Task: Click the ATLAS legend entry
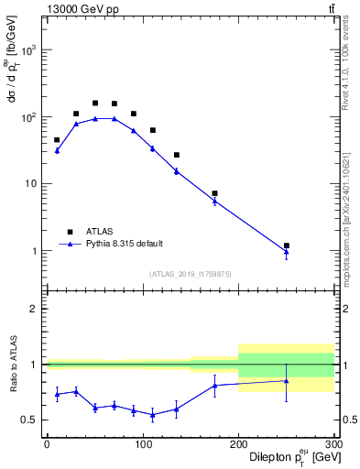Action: tap(91, 232)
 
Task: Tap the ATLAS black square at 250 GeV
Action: tap(287, 245)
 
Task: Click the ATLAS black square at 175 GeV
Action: tap(214, 193)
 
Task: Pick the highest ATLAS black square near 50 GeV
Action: tap(95, 104)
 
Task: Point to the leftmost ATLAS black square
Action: tap(57, 140)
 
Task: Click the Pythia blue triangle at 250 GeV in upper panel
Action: tap(287, 251)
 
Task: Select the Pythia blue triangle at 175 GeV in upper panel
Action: tap(214, 200)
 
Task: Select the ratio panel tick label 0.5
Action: tap(28, 420)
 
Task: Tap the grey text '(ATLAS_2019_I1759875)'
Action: tap(191, 273)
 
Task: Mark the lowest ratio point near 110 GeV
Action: tap(152, 415)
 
